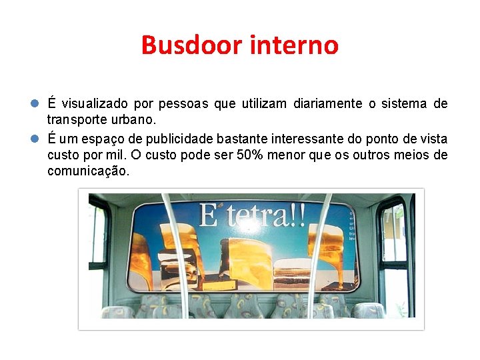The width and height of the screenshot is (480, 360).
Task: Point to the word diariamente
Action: [x=328, y=104]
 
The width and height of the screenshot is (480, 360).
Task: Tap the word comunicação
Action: [x=88, y=171]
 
